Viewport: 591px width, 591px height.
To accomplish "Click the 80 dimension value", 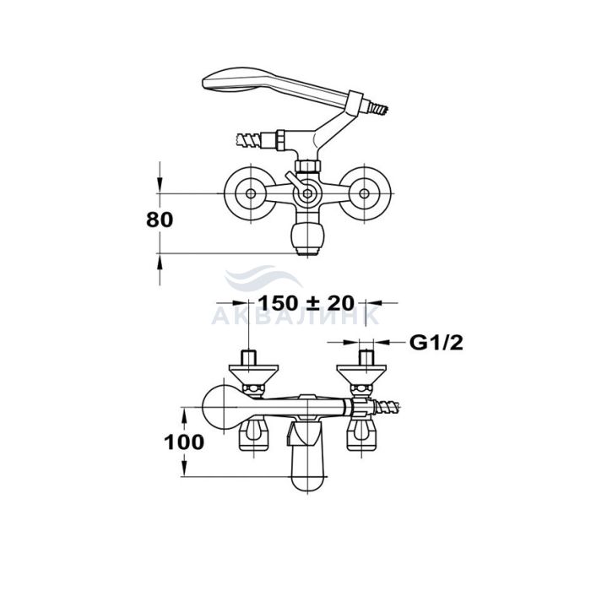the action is [160, 220].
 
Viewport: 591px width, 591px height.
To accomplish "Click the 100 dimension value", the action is [184, 442].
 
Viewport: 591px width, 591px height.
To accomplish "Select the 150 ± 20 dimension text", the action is [306, 302].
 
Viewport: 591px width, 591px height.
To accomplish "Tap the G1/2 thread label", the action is [436, 343].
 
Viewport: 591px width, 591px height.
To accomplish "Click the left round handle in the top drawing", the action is [250, 193].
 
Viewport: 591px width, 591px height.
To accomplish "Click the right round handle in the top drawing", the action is [364, 193].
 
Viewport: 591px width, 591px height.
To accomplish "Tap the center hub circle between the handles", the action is [307, 193].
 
